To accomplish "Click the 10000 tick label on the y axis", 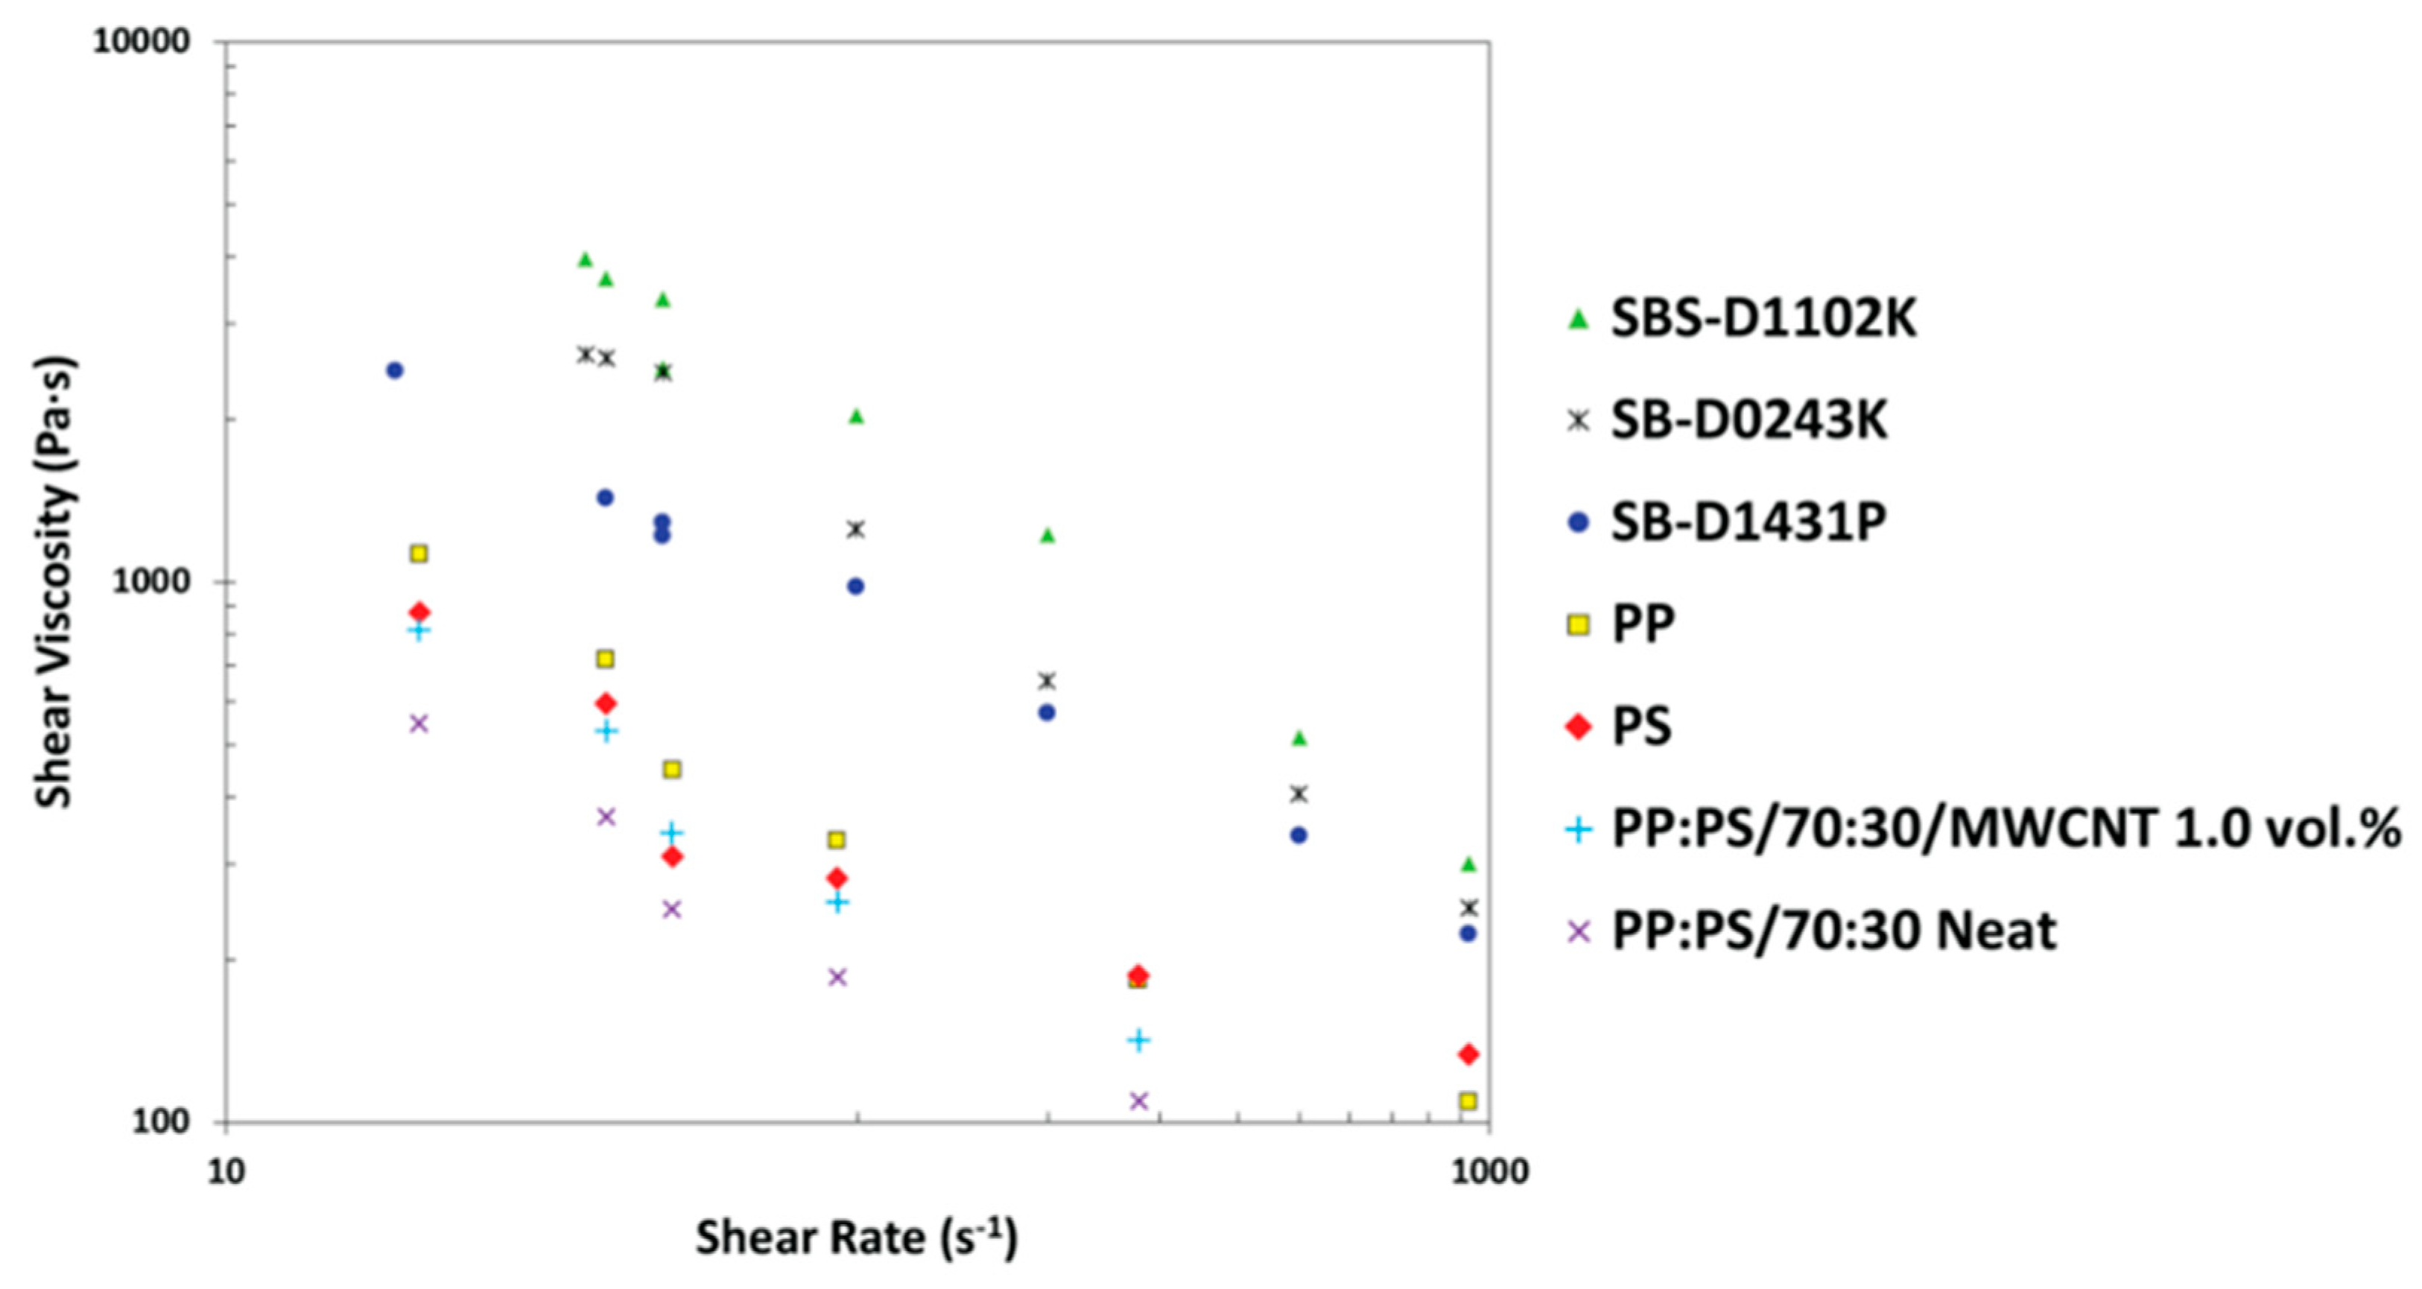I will pos(140,43).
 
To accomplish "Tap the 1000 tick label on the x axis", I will pos(1489,1171).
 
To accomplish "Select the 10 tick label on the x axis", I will pos(225,1171).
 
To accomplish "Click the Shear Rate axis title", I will pos(855,1238).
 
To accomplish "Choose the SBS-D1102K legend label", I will pos(1763,319).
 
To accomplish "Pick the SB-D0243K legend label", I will pos(1749,420).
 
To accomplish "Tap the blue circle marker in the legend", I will pos(1579,522).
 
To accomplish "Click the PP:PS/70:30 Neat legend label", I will pos(1833,931).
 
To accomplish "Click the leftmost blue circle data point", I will pos(395,370).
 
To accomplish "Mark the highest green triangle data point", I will pos(585,259).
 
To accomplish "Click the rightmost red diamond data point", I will pos(1468,1054).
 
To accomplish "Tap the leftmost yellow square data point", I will pos(419,554).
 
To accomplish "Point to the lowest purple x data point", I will pos(1138,1100).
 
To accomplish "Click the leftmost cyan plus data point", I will pos(419,630).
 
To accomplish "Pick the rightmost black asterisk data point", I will pos(1468,908).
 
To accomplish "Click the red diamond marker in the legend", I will pos(1579,726).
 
